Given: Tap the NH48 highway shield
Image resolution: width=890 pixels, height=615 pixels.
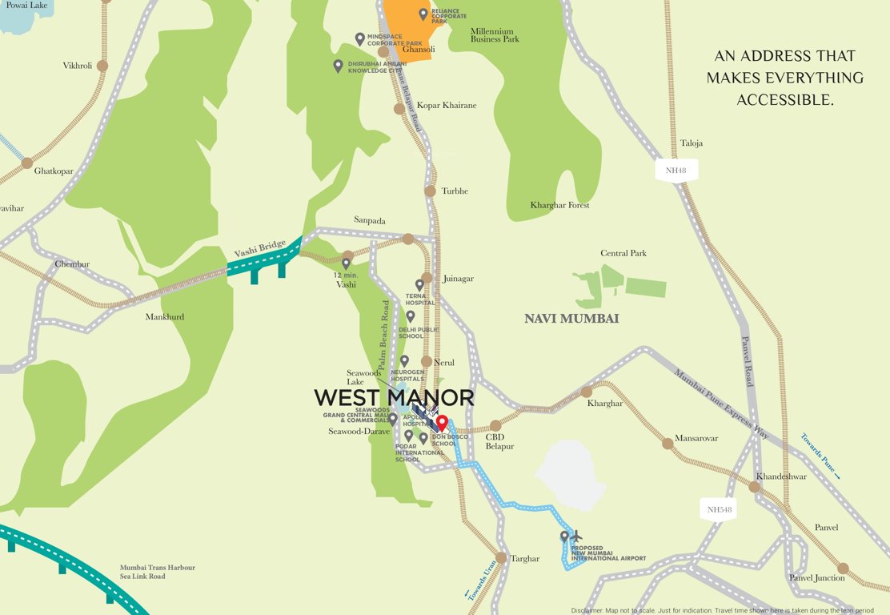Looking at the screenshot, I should pyautogui.click(x=676, y=171).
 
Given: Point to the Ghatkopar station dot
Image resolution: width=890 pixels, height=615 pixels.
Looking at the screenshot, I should pyautogui.click(x=27, y=163).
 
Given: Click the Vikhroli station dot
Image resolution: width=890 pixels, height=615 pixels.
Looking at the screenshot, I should pyautogui.click(x=102, y=66).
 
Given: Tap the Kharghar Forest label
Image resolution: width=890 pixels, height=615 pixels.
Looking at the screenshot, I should pyautogui.click(x=559, y=206).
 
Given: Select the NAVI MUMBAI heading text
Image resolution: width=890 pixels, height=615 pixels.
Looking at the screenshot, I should pyautogui.click(x=571, y=319).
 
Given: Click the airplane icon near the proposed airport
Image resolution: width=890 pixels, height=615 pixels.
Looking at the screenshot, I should pyautogui.click(x=577, y=536).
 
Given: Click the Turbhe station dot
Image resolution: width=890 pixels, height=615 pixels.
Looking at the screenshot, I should pyautogui.click(x=430, y=191).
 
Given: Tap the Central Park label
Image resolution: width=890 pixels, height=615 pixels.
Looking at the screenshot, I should pyautogui.click(x=623, y=254).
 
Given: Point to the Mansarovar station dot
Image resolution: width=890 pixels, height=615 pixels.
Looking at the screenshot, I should pyautogui.click(x=667, y=444).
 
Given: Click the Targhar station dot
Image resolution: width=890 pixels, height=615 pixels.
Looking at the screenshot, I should pyautogui.click(x=501, y=557).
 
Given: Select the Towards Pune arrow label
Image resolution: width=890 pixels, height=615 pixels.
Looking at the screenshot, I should pyautogui.click(x=820, y=456).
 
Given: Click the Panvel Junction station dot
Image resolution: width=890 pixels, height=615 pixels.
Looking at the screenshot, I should pyautogui.click(x=843, y=568).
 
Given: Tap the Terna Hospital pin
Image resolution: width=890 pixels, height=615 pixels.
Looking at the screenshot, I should pyautogui.click(x=419, y=284).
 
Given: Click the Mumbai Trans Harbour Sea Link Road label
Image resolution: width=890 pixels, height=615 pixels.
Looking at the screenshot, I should pyautogui.click(x=158, y=572).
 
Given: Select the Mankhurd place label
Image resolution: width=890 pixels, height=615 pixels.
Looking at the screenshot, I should pyautogui.click(x=165, y=317).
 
